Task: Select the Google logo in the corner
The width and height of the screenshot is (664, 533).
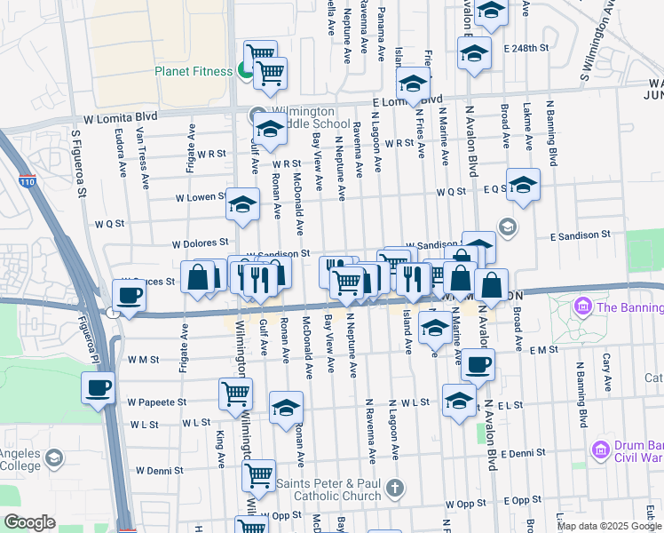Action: point(29,522)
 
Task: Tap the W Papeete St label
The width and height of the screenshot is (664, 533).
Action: point(156,402)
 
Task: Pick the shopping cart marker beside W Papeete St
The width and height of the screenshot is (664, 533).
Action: point(235,393)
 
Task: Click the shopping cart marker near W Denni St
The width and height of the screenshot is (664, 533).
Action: point(258,474)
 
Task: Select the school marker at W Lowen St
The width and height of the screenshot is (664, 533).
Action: point(242,204)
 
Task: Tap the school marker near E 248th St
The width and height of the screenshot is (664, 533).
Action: point(474,52)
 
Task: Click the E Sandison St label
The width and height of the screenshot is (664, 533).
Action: point(581,236)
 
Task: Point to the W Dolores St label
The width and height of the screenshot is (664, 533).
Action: point(201,242)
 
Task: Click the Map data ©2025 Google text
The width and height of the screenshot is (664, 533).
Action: point(610,526)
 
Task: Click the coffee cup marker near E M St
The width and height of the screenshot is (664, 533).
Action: point(478,362)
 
